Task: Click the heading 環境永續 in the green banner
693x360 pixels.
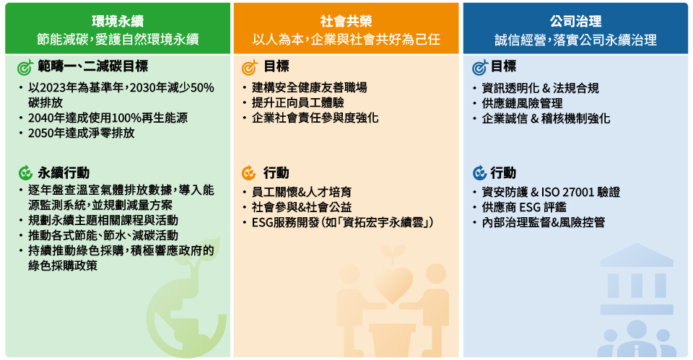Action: pos(118,21)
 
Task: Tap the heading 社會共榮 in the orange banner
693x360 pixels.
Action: pos(346,21)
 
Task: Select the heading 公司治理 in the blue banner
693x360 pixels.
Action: pos(575,21)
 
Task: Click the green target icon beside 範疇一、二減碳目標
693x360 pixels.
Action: pos(25,67)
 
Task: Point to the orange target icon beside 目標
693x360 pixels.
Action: pos(250,67)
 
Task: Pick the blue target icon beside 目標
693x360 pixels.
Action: pos(479,67)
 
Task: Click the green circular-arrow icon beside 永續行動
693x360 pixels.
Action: pos(26,172)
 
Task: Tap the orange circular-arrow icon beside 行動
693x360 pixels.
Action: pos(249,172)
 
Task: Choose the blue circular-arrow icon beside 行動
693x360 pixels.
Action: pos(479,172)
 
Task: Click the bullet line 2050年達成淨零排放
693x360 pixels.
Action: pos(82,133)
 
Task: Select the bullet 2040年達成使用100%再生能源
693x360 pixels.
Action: pos(108,118)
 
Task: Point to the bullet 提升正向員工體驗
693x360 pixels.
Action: pos(298,102)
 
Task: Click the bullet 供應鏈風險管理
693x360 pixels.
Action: pos(522,103)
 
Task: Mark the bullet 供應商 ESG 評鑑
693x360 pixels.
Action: pos(524,207)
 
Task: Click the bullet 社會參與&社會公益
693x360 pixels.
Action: pos(302,207)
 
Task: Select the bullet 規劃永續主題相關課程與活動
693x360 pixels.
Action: pos(103,220)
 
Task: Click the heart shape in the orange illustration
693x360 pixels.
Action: pos(393,284)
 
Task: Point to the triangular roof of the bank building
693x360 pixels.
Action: pos(637,255)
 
